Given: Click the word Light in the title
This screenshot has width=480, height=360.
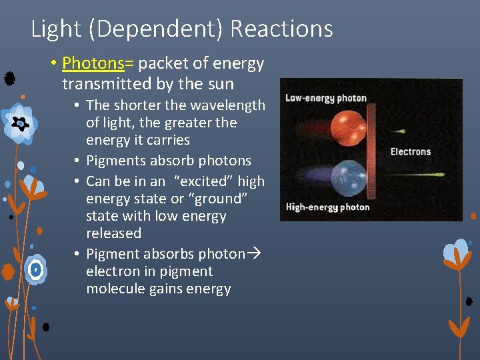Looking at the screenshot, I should (x=57, y=29).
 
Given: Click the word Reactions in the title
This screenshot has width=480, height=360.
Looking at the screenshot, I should (x=281, y=29).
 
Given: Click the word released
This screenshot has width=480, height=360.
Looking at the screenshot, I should (x=114, y=233).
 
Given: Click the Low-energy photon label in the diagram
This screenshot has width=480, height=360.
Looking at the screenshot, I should (x=326, y=98).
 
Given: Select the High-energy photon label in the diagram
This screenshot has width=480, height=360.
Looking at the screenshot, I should (x=327, y=207).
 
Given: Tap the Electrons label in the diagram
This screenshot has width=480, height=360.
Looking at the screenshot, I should (x=410, y=152).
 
